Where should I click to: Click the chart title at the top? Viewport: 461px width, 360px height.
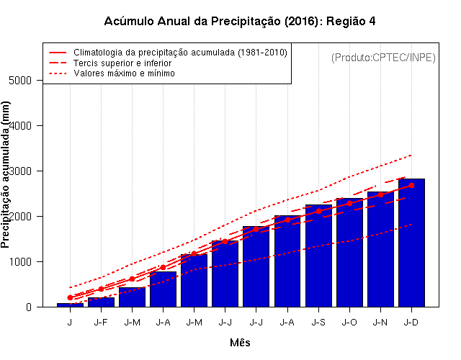[240, 21]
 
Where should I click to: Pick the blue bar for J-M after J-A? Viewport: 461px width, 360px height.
[194, 281]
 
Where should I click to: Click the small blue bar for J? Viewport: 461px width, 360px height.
[70, 305]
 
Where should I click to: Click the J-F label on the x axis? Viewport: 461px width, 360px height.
[101, 323]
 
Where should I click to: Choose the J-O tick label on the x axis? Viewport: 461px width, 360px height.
[349, 323]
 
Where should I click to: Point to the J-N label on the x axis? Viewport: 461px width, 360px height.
[380, 323]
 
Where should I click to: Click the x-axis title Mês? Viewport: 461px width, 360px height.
[240, 343]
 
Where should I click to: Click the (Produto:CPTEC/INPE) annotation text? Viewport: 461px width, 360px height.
[383, 57]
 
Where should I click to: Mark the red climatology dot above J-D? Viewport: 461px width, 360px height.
[411, 185]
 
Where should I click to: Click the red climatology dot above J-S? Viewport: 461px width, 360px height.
[318, 211]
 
